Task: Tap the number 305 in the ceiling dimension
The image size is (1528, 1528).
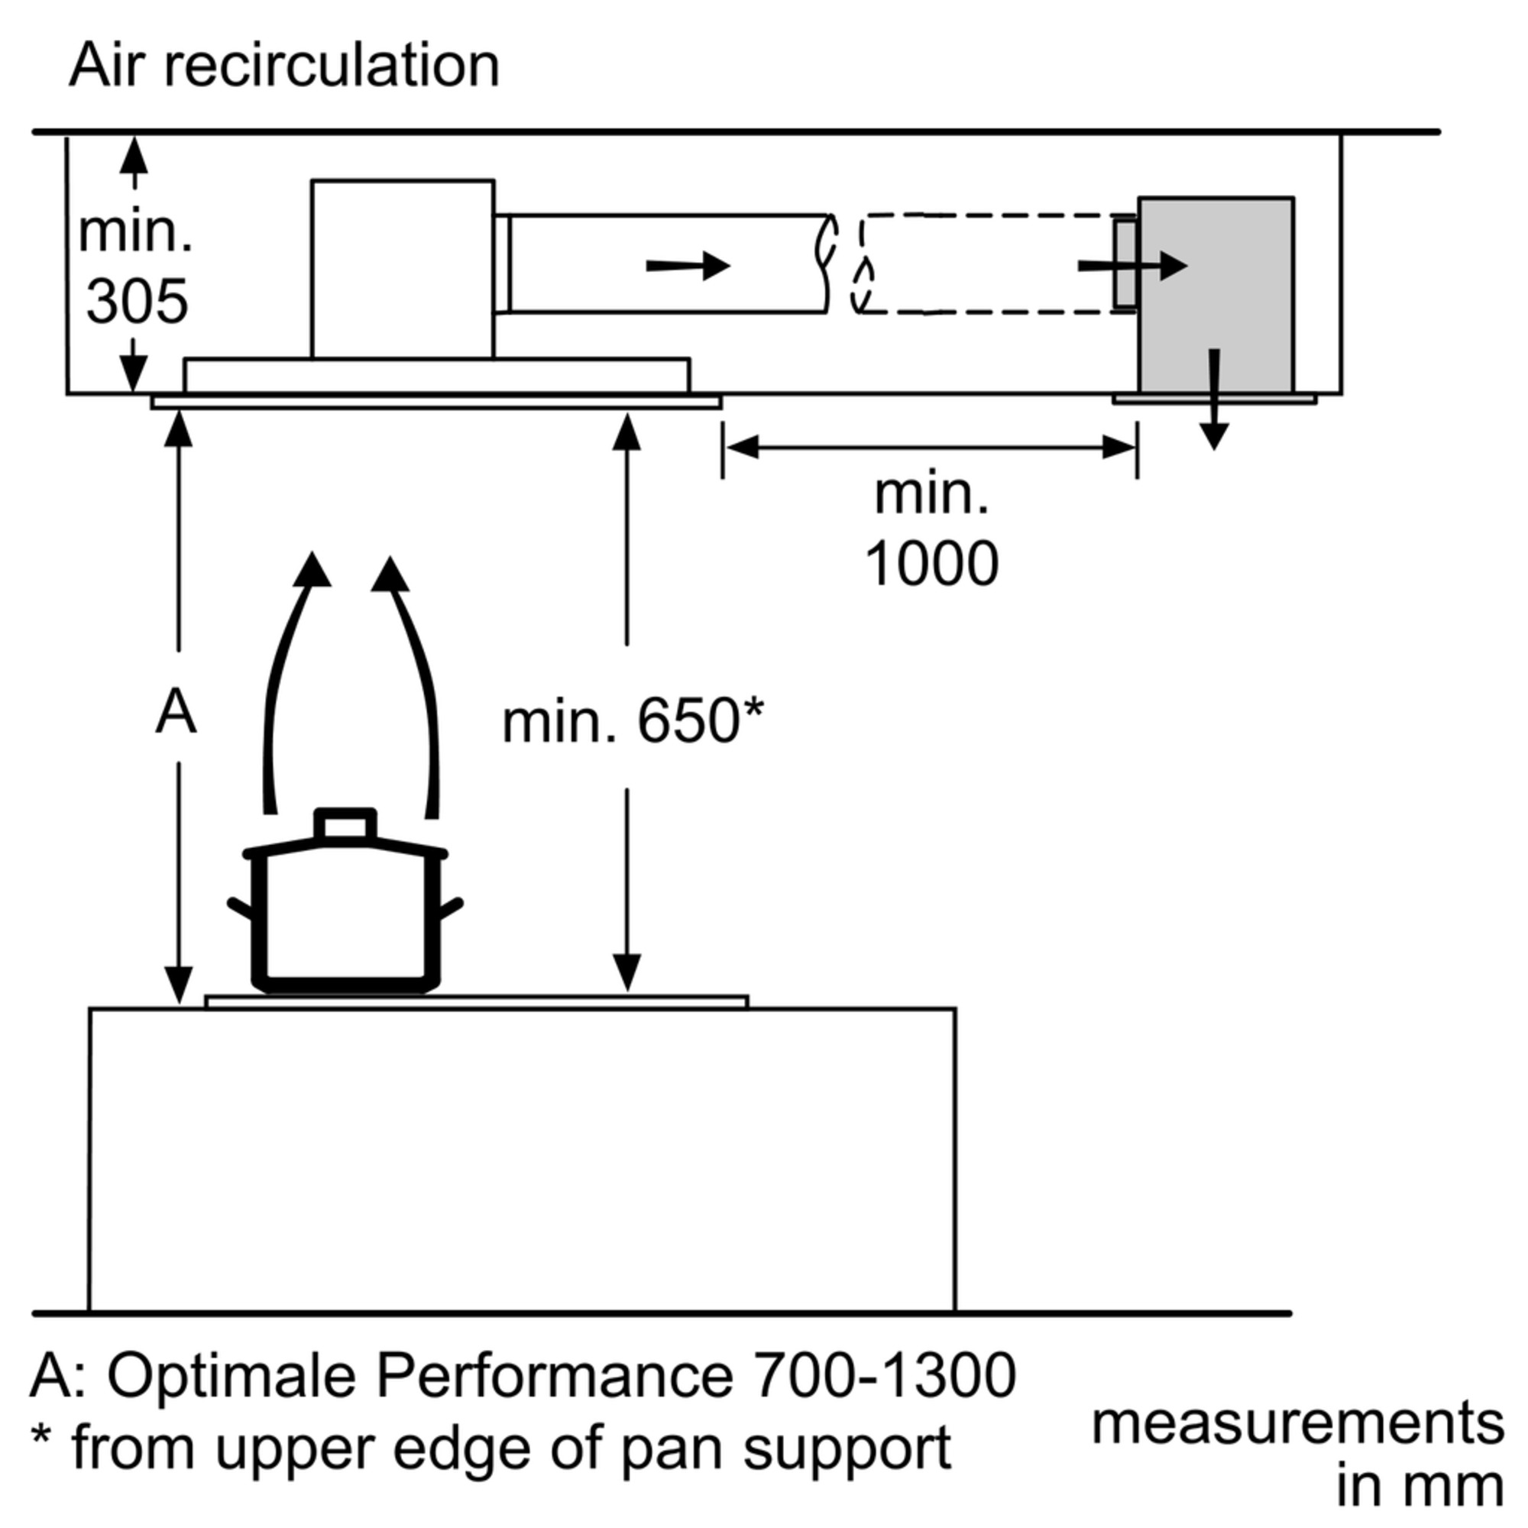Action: tap(137, 301)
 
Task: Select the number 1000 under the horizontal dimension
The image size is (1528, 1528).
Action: tap(931, 563)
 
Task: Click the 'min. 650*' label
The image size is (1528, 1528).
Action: tap(633, 720)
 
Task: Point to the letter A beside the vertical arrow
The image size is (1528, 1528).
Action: tap(176, 712)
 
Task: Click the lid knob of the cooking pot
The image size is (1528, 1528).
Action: tap(345, 824)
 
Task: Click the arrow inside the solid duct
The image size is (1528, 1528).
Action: tap(688, 266)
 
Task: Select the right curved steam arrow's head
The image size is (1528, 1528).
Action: tap(389, 575)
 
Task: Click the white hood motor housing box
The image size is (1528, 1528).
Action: tap(403, 269)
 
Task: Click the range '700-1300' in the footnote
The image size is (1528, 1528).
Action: tap(883, 1375)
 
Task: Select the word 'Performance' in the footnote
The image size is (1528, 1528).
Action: tap(555, 1375)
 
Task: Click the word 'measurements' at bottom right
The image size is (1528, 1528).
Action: tap(1297, 1423)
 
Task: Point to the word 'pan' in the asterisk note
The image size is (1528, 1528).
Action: tap(670, 1448)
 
